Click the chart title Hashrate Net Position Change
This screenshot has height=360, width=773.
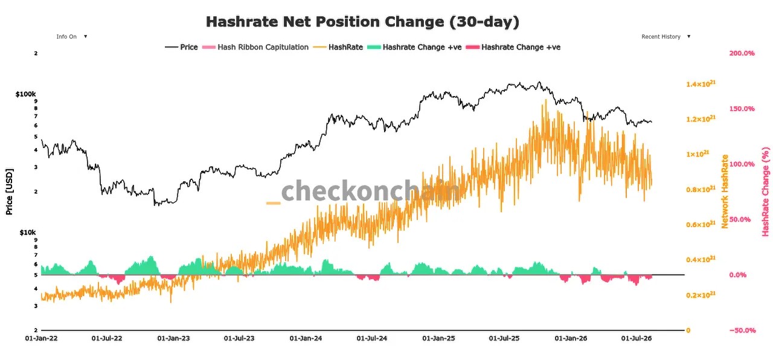(x=325, y=21)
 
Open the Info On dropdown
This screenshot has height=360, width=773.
(x=72, y=37)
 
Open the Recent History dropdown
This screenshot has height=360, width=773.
(x=666, y=37)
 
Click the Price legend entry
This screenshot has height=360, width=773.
(x=182, y=47)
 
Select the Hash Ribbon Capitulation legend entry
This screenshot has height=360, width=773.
(x=255, y=47)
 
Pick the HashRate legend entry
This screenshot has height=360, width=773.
(x=338, y=47)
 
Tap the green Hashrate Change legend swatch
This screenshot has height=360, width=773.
(x=374, y=47)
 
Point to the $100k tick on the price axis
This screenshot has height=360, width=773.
(x=25, y=94)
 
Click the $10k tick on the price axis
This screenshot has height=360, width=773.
(x=28, y=233)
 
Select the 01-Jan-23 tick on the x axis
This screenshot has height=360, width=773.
(x=173, y=339)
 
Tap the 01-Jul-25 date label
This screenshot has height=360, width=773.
(x=504, y=339)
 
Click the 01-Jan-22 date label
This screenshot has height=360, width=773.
(x=42, y=339)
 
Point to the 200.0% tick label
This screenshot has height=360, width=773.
(x=742, y=53)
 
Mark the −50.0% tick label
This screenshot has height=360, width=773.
(x=743, y=330)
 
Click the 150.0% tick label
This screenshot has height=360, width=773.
(x=742, y=109)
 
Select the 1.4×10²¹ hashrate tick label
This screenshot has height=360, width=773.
(x=701, y=84)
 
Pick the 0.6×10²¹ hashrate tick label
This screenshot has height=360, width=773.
(x=701, y=224)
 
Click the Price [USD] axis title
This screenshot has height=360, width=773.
(x=9, y=192)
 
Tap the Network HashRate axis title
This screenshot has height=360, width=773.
(x=725, y=191)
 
